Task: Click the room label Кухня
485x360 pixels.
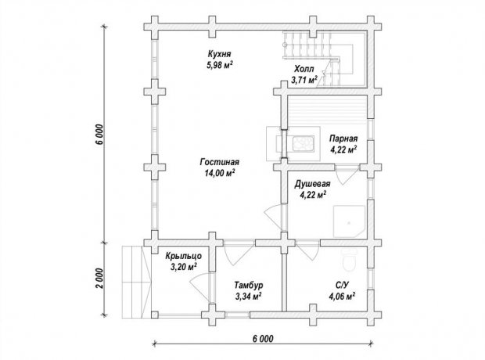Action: click(219, 54)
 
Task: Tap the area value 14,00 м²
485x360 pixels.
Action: click(219, 173)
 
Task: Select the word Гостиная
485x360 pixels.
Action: click(220, 162)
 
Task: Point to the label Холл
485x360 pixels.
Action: click(304, 69)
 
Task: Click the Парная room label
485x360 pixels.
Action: click(343, 139)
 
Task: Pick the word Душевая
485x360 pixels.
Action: click(312, 184)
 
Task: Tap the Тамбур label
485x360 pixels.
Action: click(249, 285)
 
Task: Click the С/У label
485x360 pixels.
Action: click(342, 285)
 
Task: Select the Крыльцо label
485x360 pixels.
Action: click(184, 256)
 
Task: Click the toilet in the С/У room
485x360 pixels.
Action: click(350, 259)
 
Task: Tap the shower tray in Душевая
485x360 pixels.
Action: click(349, 221)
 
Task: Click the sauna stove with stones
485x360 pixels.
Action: click(304, 144)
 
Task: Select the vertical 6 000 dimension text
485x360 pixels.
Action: click(99, 135)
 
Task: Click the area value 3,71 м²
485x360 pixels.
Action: click(304, 80)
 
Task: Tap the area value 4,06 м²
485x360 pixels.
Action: click(342, 297)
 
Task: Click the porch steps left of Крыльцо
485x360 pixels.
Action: click(136, 282)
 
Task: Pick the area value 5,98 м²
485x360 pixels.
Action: click(219, 65)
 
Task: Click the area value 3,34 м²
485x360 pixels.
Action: click(249, 297)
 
